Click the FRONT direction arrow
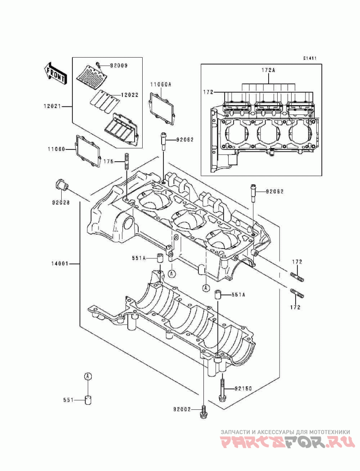click(55, 73)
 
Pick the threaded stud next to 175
click(127, 162)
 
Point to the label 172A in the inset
click(269, 70)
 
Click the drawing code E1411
click(309, 58)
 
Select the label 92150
click(243, 388)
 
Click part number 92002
click(182, 409)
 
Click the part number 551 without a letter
click(69, 399)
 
